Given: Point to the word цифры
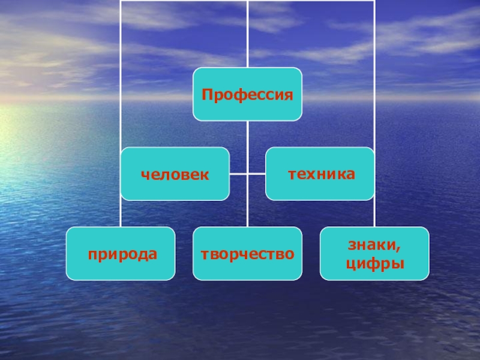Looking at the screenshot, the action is [x=374, y=263].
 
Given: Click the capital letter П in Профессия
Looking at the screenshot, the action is [x=207, y=95].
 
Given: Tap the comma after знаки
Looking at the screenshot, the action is [x=399, y=248].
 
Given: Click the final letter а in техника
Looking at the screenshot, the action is [x=350, y=175].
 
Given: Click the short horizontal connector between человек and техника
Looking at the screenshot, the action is [x=247, y=174].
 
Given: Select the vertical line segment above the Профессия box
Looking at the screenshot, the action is [x=247, y=36].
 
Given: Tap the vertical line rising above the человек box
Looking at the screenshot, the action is [x=120, y=72].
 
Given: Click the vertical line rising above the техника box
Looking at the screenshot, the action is [x=374, y=72].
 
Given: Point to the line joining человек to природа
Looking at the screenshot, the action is [x=120, y=214].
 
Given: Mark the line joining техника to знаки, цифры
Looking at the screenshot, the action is [x=374, y=214].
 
